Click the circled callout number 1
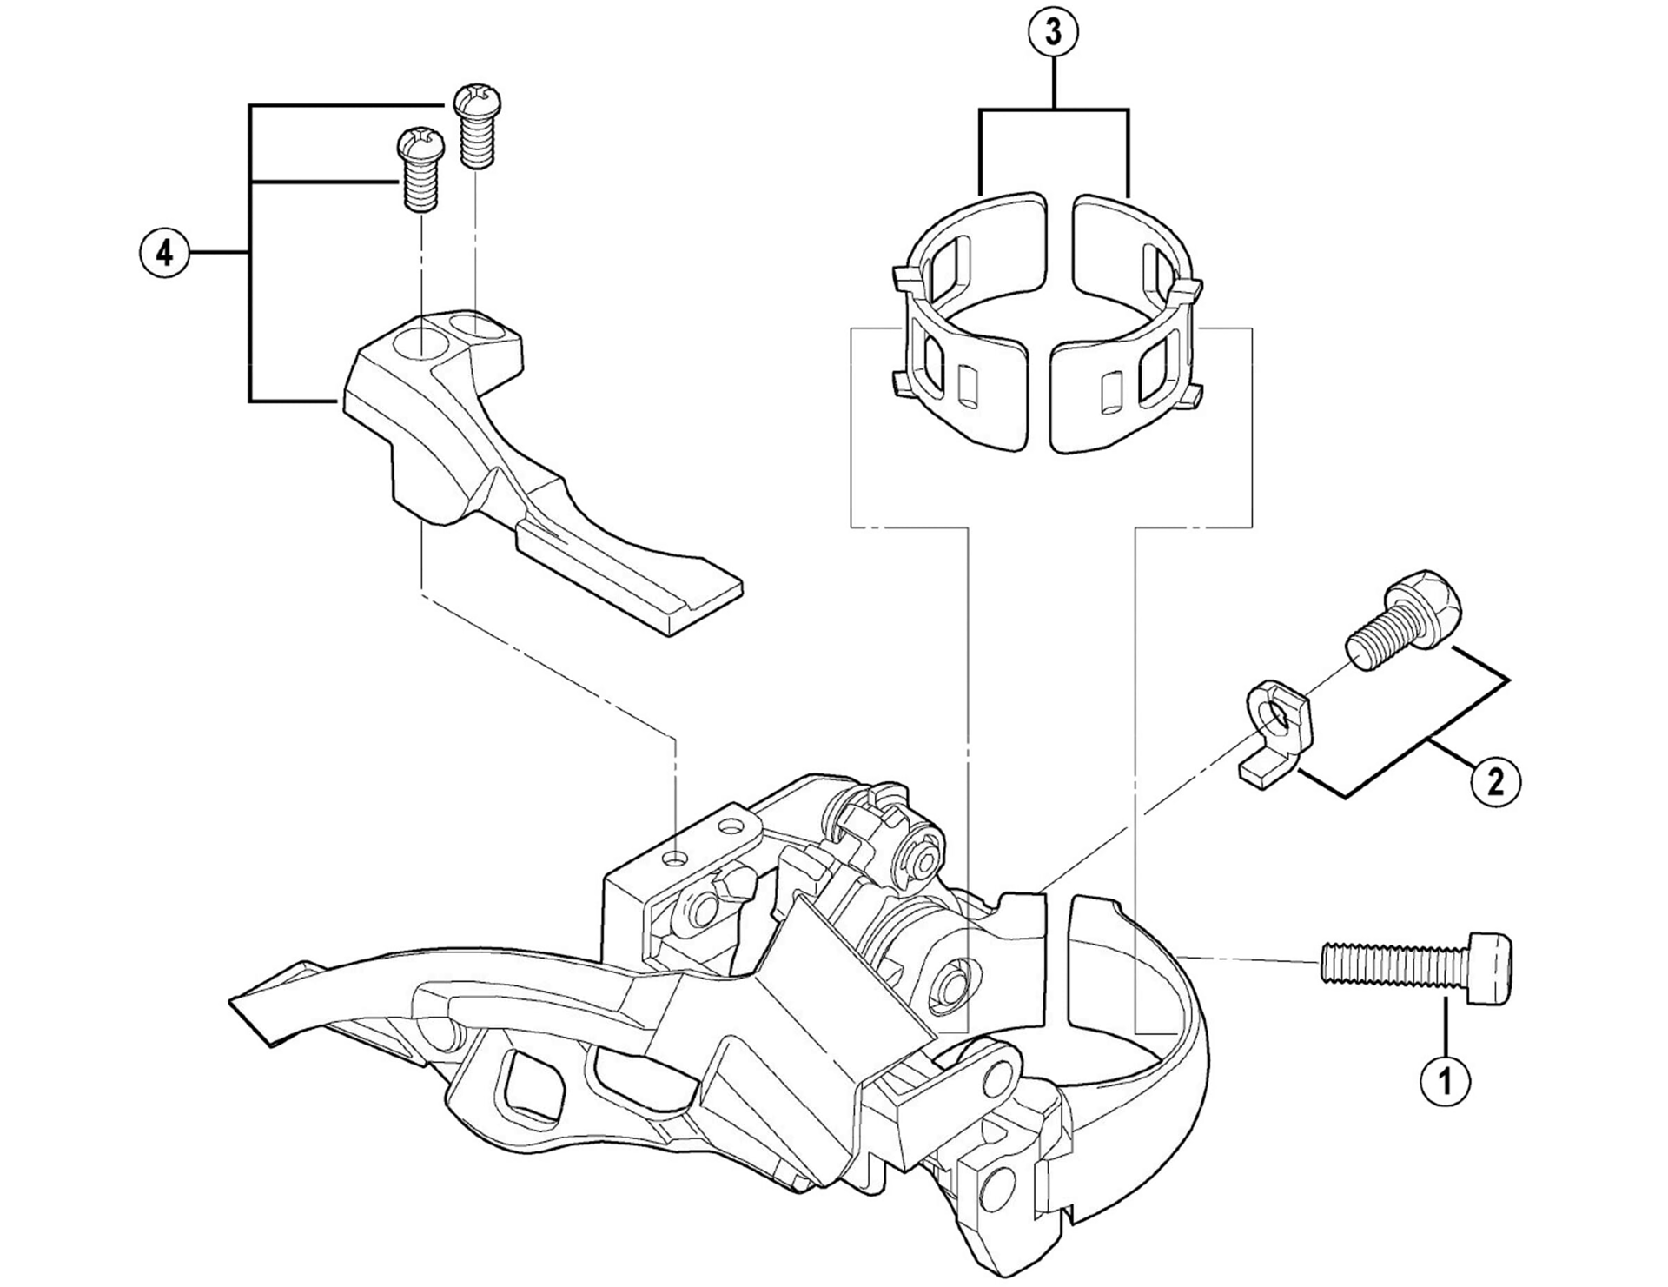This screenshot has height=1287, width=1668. (1446, 1082)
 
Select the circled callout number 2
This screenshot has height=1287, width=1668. (1495, 781)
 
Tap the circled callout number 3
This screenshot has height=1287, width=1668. (1053, 33)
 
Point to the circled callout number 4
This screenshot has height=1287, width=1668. (163, 254)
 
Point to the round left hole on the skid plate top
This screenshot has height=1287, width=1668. (416, 341)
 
